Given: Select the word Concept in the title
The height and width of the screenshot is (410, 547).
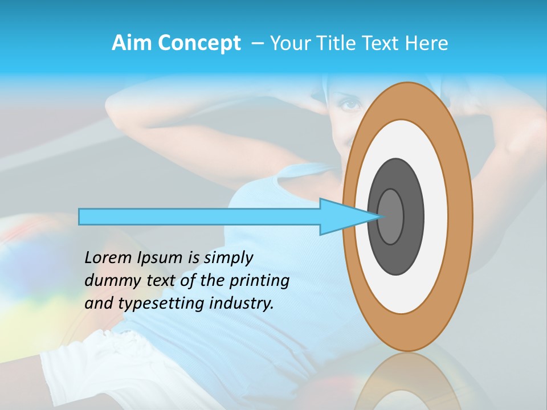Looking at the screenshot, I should [199, 43].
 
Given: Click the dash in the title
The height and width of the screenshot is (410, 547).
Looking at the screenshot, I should [258, 43].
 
